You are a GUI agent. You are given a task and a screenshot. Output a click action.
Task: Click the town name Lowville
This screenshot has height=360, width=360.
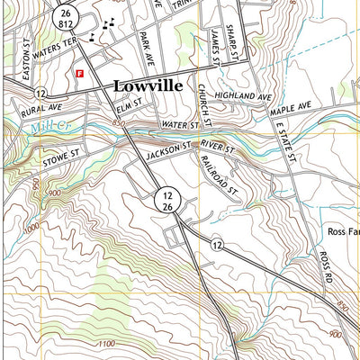(x=148, y=85)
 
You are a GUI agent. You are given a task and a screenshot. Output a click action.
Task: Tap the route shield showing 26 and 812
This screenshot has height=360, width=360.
(x=63, y=18)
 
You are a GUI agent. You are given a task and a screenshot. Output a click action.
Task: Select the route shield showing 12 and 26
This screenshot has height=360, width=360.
(x=166, y=201)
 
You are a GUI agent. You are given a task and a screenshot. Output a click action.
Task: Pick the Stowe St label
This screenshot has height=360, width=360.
(x=62, y=162)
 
